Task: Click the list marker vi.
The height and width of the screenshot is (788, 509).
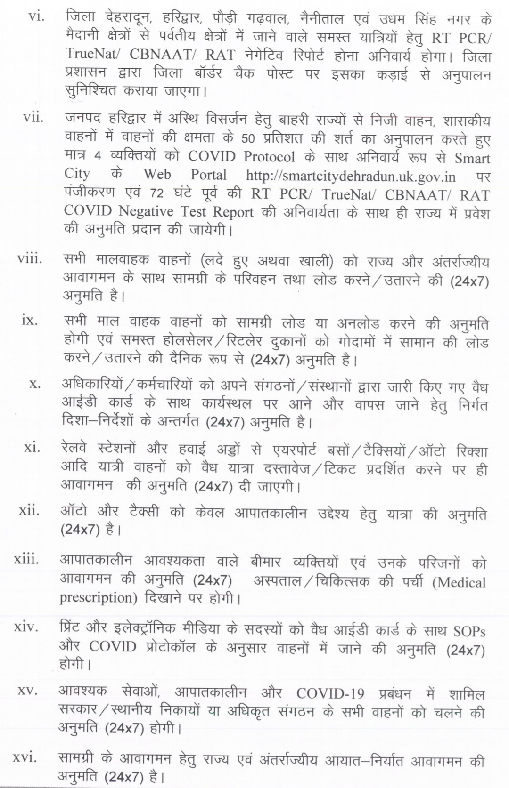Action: click(36, 18)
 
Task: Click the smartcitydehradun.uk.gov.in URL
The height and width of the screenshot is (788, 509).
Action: click(351, 176)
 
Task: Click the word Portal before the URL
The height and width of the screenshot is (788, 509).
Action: click(208, 175)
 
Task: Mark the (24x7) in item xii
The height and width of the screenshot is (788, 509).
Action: click(80, 530)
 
